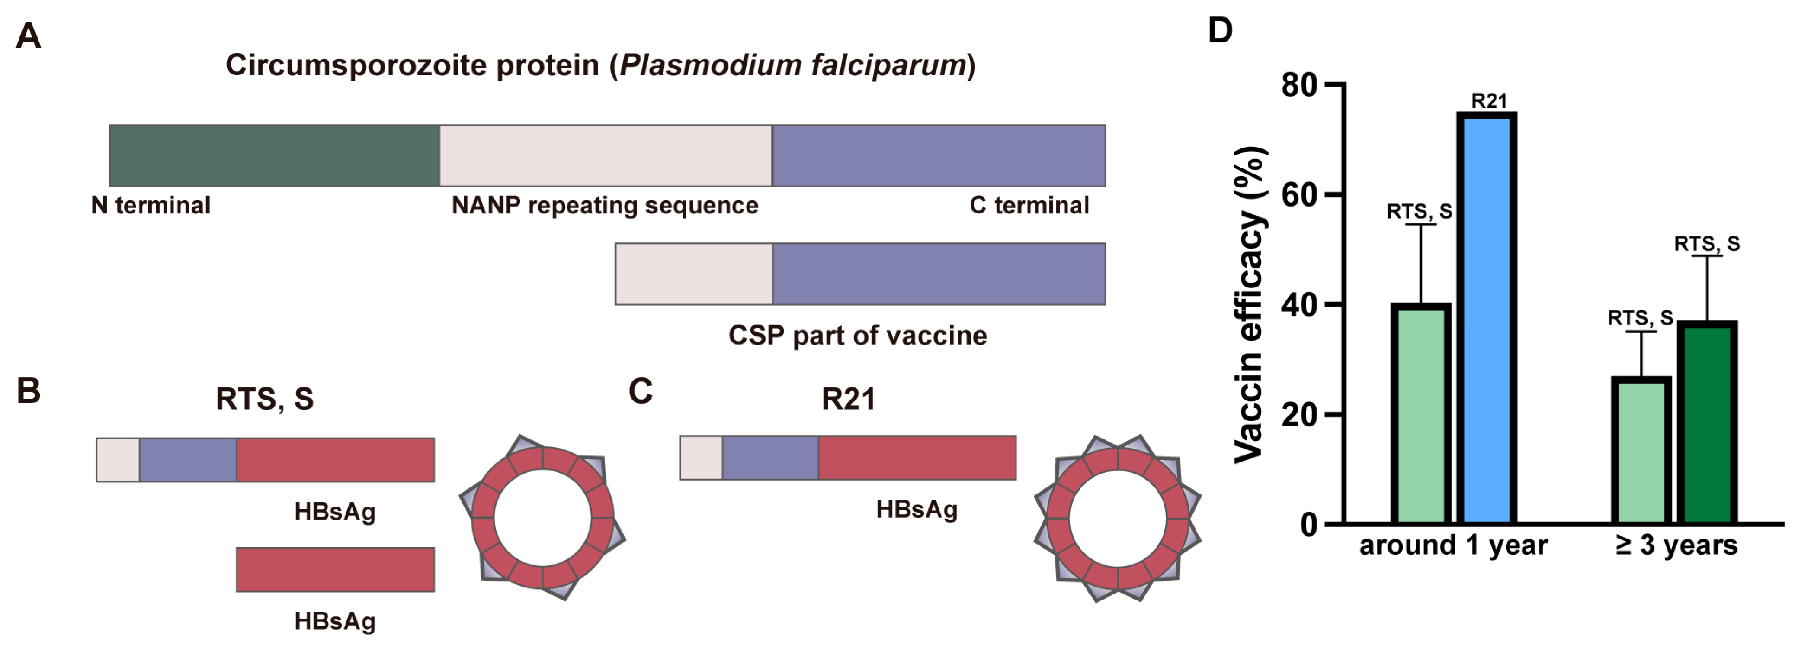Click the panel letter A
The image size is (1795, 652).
tap(29, 36)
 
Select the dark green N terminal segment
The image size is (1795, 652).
tap(274, 155)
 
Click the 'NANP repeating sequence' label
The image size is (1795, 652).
tap(604, 206)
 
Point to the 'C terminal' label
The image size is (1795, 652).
tap(1029, 206)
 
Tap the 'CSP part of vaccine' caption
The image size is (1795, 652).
tap(857, 336)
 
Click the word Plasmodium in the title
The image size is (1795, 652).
tap(710, 65)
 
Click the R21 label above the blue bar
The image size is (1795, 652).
tap(1489, 102)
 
